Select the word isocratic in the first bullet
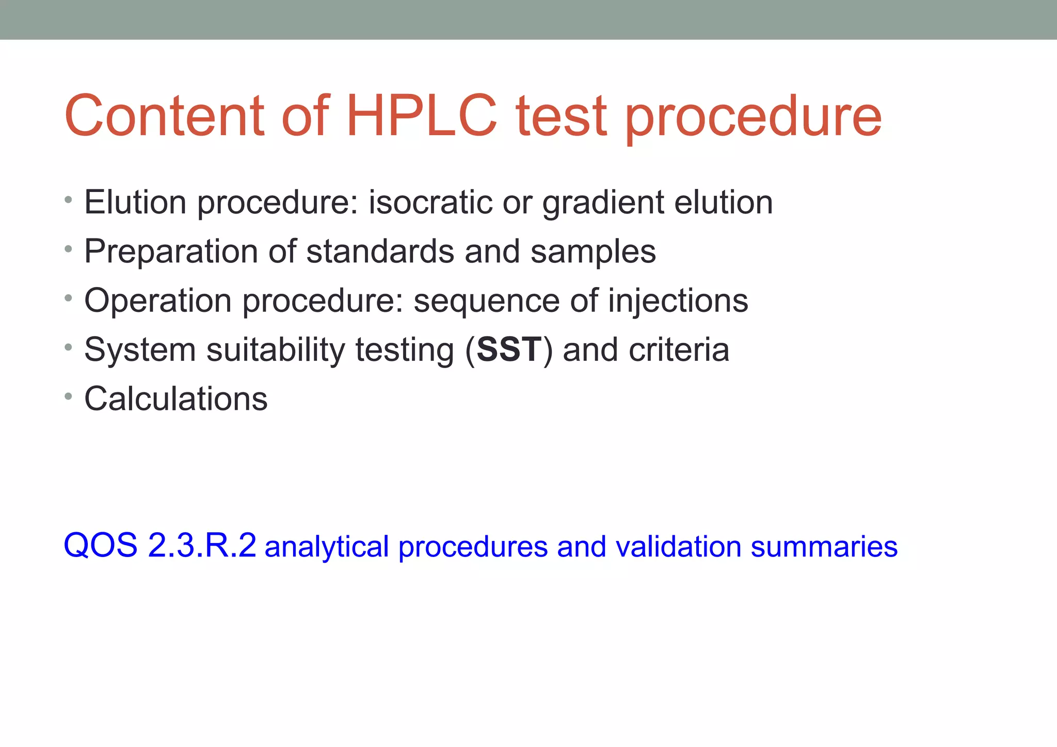point(430,202)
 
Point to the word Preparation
point(171,251)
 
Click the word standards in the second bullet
point(380,251)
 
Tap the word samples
point(593,251)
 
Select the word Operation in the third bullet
point(157,300)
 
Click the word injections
point(678,300)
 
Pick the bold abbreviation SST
point(509,349)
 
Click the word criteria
point(679,349)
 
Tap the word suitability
point(275,349)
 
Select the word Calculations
point(176,399)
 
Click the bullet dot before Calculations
point(68,396)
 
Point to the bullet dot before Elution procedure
point(68,199)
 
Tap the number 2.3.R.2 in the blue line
point(202,545)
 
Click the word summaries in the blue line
point(824,546)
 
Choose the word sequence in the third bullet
point(486,300)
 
